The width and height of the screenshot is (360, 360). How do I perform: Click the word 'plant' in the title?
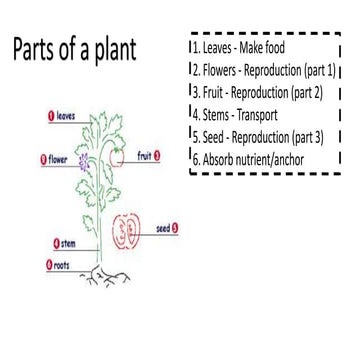click(109, 52)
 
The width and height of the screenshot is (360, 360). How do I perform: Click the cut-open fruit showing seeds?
click(126, 230)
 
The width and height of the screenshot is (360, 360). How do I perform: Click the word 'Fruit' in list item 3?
click(213, 92)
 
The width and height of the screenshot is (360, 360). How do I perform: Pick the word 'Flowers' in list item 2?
click(220, 70)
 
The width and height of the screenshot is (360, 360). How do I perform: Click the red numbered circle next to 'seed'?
click(177, 228)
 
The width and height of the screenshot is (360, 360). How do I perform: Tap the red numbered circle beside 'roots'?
click(47, 266)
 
